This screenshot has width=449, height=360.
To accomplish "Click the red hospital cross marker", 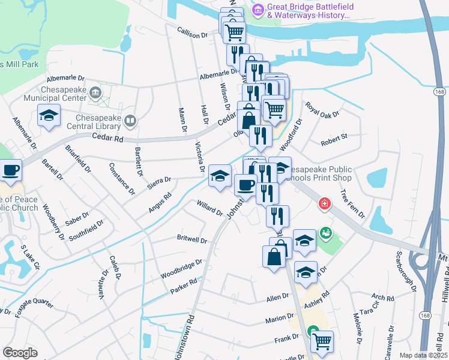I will pyautogui.click(x=325, y=204).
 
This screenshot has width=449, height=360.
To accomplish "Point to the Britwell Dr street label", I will pyautogui.click(x=192, y=239).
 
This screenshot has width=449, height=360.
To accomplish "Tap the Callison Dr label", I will pyautogui.click(x=192, y=34).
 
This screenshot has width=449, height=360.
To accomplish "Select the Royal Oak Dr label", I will pyautogui.click(x=322, y=109).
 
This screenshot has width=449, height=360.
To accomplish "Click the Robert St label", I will pyautogui.click(x=334, y=140).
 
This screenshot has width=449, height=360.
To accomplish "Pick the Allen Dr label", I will pyautogui.click(x=278, y=297).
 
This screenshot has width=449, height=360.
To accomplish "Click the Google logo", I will pyautogui.click(x=20, y=353).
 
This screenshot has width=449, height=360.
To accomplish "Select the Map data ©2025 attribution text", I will pyautogui.click(x=423, y=355).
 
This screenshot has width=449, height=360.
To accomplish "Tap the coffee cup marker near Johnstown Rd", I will pyautogui.click(x=244, y=185).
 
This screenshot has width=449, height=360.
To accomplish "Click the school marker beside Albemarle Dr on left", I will pyautogui.click(x=49, y=116).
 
